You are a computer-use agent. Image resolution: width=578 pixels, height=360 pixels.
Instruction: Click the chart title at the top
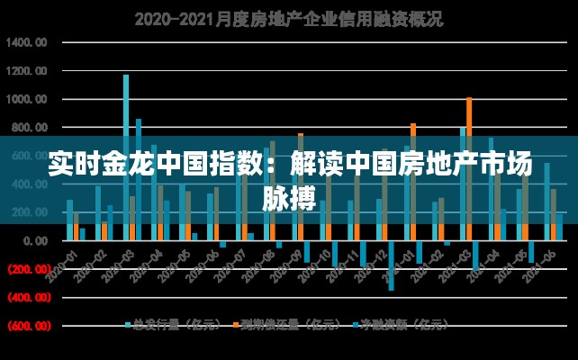288,18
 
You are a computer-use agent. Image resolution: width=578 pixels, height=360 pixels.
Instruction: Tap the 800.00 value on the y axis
31,128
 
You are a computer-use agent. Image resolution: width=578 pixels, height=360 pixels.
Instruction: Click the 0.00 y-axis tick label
36,241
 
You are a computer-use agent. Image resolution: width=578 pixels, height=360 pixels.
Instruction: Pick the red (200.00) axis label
29,269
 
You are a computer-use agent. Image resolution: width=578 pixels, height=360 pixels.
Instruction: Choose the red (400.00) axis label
29,297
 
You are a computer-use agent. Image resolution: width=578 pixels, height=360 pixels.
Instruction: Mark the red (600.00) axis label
29,326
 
